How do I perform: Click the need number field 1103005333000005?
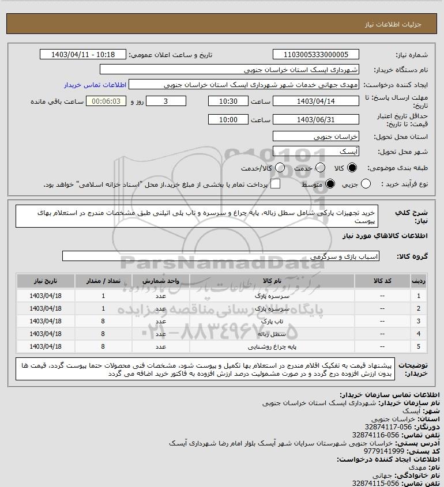pos(315,55)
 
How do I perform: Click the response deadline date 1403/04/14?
pos(315,101)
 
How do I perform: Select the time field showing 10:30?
pos(228,101)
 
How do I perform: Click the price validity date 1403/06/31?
pos(315,120)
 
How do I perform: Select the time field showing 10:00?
pos(228,120)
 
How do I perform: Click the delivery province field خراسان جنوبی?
pos(315,137)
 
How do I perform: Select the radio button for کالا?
pos(354,168)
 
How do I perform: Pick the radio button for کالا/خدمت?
pos(280,168)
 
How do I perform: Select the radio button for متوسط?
pos(330,184)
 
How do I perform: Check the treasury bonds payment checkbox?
pos(276,184)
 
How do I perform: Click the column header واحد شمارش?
pos(161,281)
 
